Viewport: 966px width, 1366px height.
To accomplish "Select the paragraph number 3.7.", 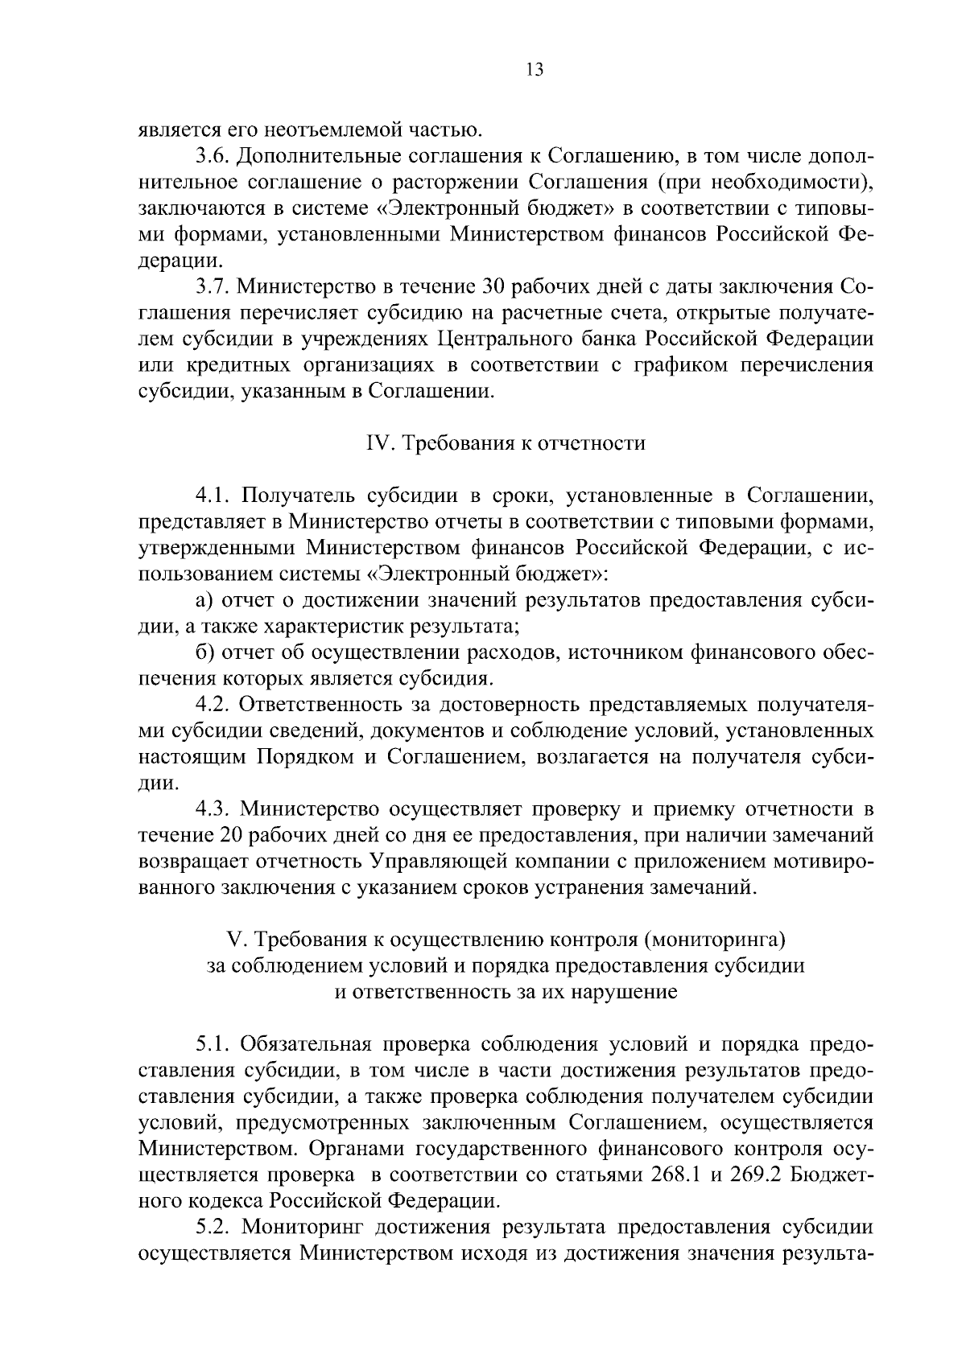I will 211,287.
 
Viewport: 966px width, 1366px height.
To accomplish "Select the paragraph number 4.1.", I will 211,496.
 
